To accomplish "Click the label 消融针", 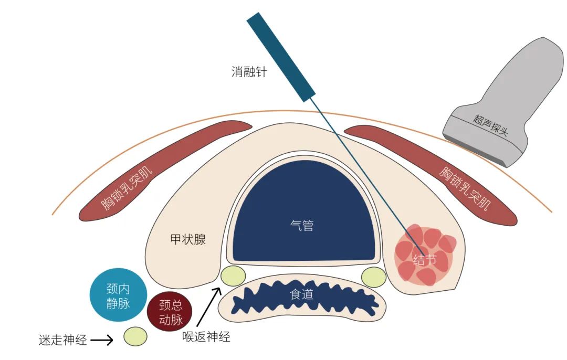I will [x=249, y=72].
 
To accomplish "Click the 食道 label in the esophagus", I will [x=301, y=295].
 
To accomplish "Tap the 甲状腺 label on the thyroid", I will [x=188, y=240].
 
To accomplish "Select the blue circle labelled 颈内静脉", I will [x=118, y=295].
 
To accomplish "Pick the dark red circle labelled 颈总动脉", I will [x=169, y=313].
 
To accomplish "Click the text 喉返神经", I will [x=206, y=336].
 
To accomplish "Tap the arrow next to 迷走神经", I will [x=102, y=340].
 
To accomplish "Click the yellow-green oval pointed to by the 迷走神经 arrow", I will [x=135, y=336].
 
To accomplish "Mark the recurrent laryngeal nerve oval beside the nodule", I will [x=374, y=277].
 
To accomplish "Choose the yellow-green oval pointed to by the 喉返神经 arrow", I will [x=233, y=276].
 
